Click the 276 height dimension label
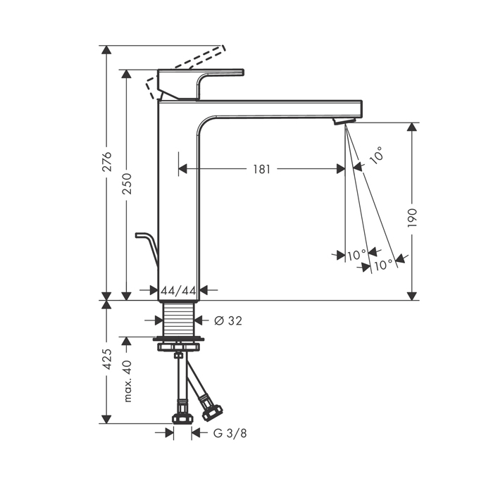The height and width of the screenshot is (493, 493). [108, 161]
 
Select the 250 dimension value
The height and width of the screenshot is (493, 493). [127, 183]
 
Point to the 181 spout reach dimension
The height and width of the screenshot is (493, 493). [261, 169]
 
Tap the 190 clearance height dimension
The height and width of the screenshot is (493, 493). [412, 218]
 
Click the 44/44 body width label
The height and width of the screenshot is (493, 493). [178, 290]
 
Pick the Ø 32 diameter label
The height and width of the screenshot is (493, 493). [228, 320]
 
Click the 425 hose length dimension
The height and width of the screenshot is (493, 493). [108, 358]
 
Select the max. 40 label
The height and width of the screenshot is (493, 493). [127, 381]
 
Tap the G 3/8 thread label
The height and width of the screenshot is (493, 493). [230, 433]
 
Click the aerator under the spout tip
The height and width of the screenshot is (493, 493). [344, 120]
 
